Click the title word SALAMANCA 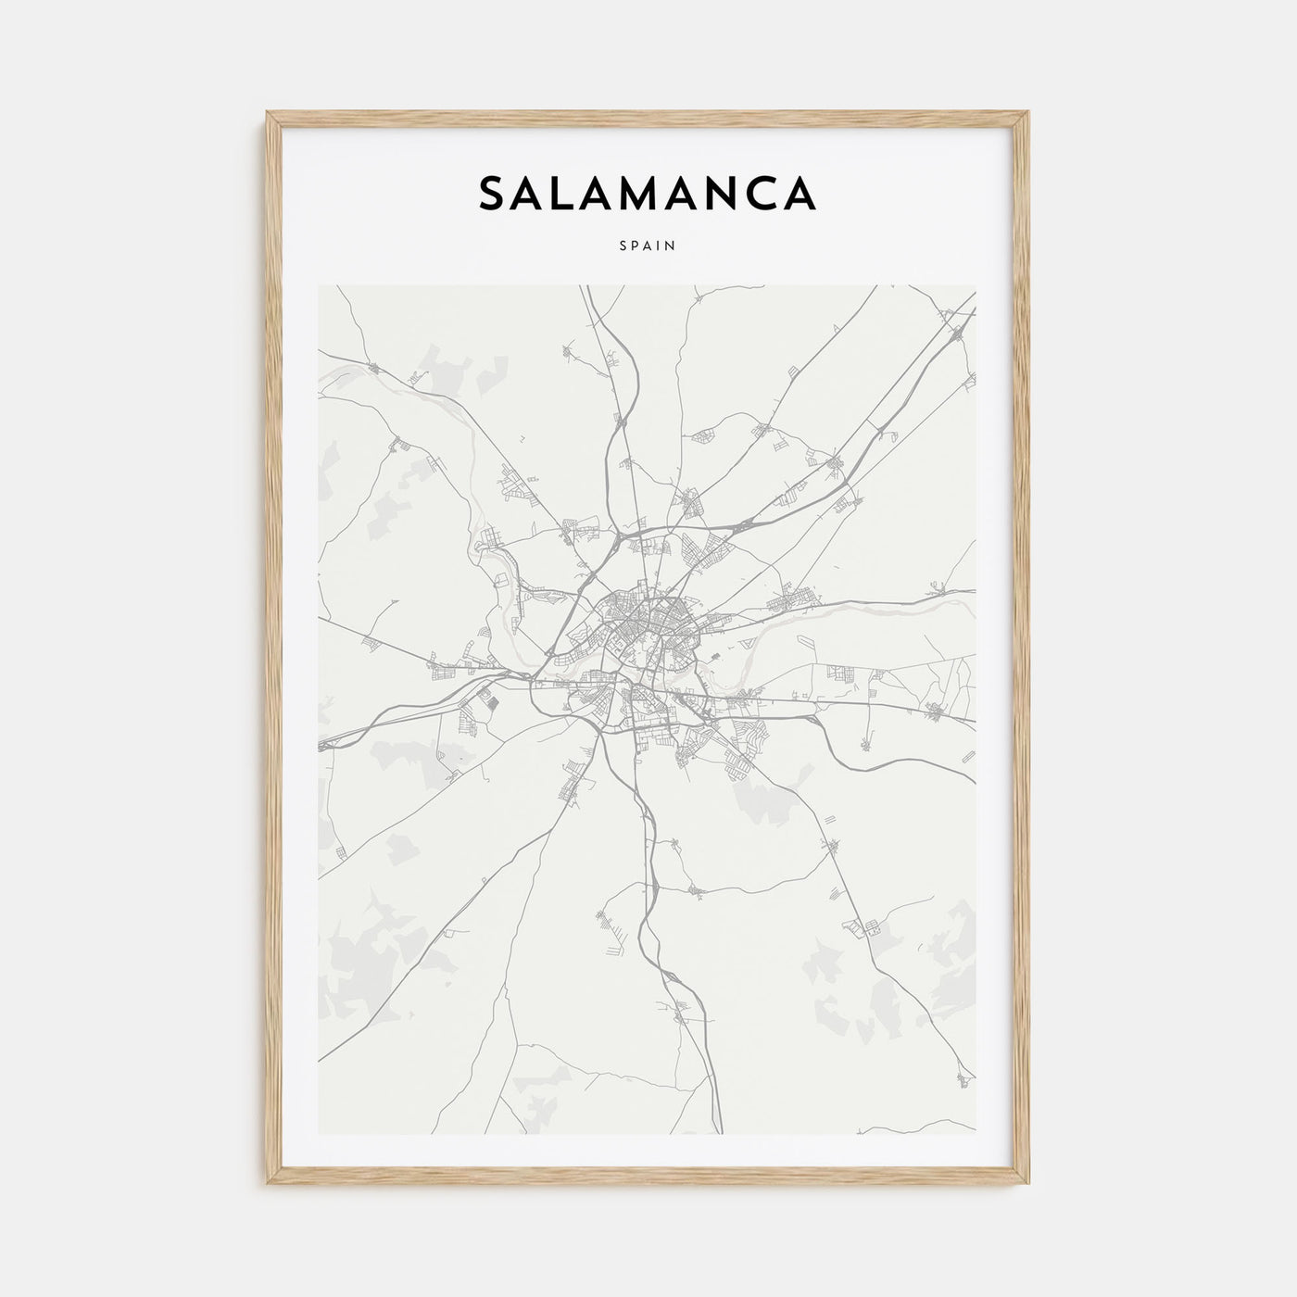[647, 193]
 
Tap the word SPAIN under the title [648, 246]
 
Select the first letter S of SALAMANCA [491, 193]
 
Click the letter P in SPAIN [636, 246]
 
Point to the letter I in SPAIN [661, 246]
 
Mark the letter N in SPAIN [671, 246]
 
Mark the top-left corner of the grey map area [319, 285]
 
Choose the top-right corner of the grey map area [976, 285]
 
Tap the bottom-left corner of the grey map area [319, 1134]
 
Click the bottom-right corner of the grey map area [976, 1134]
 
